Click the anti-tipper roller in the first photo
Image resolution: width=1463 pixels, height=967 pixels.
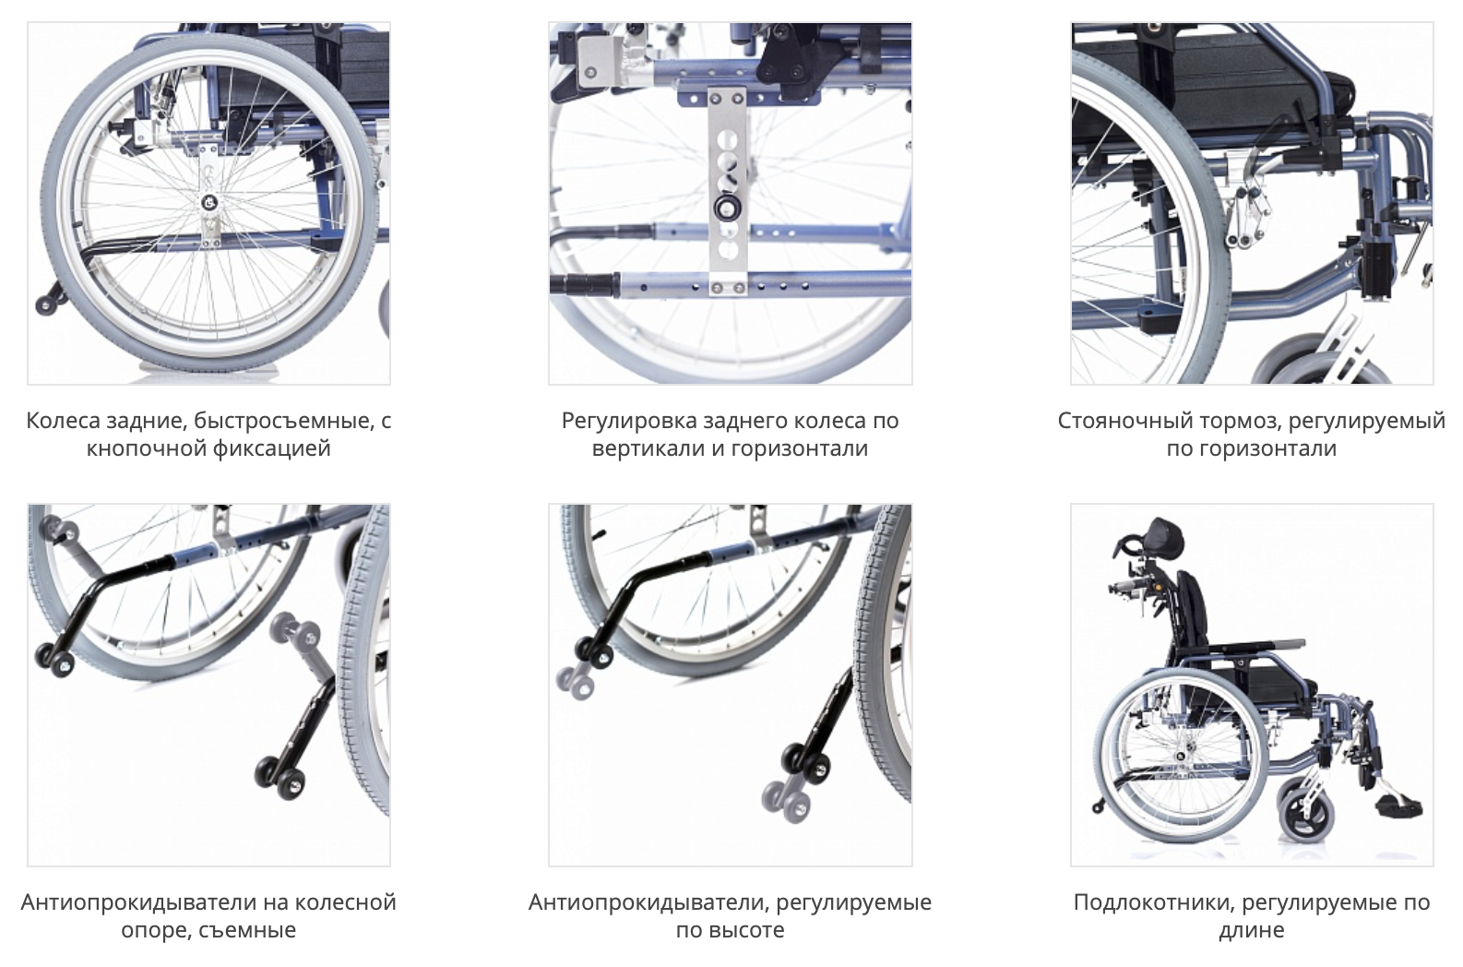pos(46,304)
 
